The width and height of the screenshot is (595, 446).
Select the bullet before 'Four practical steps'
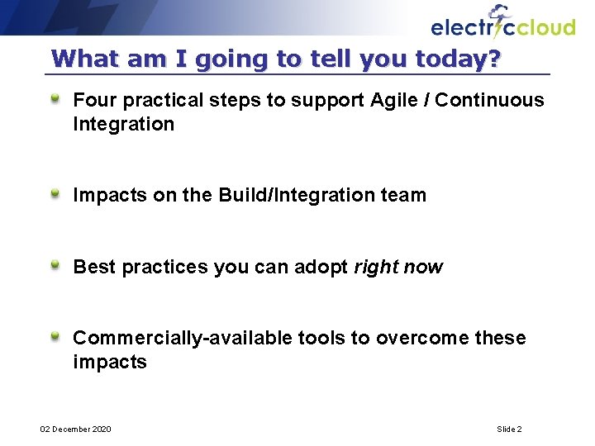pyautogui.click(x=55, y=99)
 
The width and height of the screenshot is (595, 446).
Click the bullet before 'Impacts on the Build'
pyautogui.click(x=55, y=194)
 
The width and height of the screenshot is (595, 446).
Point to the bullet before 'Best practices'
pyautogui.click(x=55, y=266)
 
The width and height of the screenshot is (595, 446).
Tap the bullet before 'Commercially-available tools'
pyautogui.click(x=55, y=337)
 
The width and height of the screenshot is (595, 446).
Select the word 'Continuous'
pyautogui.click(x=489, y=101)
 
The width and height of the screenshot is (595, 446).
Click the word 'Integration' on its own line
pyautogui.click(x=124, y=125)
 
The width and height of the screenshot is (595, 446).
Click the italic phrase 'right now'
pyautogui.click(x=398, y=268)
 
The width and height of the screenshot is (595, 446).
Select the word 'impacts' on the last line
pyautogui.click(x=110, y=363)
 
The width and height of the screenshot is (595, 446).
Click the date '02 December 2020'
pyautogui.click(x=76, y=429)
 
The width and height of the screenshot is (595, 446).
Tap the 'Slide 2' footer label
pyautogui.click(x=509, y=429)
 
